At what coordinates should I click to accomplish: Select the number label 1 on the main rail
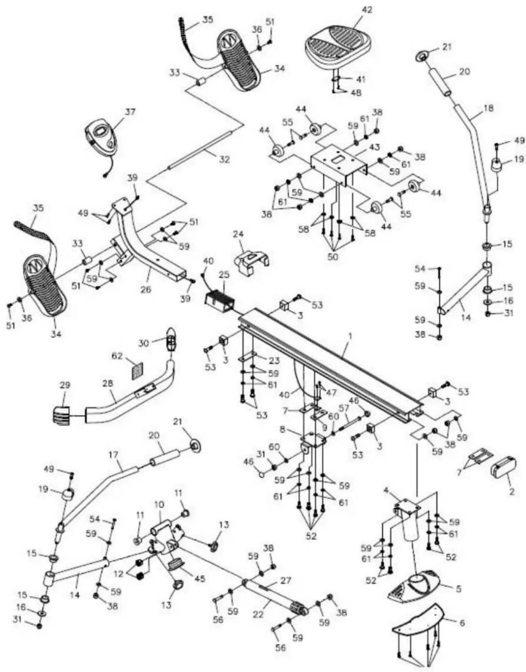click(x=350, y=336)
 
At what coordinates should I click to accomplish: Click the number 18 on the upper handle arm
click(x=488, y=108)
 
